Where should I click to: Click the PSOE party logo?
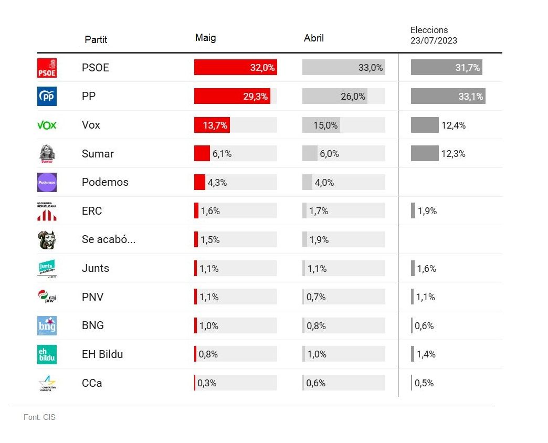point(47,68)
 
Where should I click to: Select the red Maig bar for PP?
point(232,96)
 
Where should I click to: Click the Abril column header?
point(314,38)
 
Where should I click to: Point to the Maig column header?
point(205,38)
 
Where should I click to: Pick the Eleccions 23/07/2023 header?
point(434,35)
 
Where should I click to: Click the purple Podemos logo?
point(47,182)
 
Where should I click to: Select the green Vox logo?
point(47,125)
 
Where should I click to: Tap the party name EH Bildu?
point(102,354)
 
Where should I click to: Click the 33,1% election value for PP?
point(471,97)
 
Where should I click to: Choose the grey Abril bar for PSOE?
point(343,68)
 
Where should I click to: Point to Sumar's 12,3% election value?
point(454,154)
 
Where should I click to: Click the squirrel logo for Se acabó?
point(47,240)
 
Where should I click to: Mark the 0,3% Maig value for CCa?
point(207,383)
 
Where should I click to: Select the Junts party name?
point(96,268)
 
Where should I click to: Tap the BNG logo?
point(47,325)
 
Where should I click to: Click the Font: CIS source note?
point(39,417)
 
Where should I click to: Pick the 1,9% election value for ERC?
point(427,211)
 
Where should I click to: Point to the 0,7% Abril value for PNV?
point(316,297)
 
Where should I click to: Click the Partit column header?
point(96,39)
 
